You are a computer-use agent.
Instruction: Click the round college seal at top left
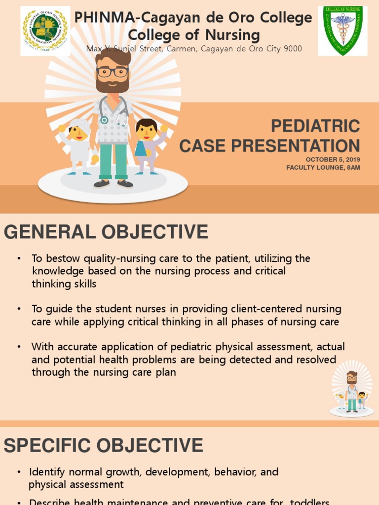pyautogui.click(x=45, y=31)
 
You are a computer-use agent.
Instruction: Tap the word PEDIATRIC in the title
pyautogui.click(x=315, y=126)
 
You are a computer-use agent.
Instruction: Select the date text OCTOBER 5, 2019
pyautogui.click(x=333, y=159)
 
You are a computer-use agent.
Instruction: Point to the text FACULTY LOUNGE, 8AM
pyautogui.click(x=323, y=168)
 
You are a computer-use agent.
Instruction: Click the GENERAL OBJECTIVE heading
pyautogui.click(x=106, y=232)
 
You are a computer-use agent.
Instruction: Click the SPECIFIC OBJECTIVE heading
pyautogui.click(x=104, y=445)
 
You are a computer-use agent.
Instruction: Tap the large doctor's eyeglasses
pyautogui.click(x=113, y=72)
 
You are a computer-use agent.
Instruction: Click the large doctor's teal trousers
pyautogui.click(x=114, y=160)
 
